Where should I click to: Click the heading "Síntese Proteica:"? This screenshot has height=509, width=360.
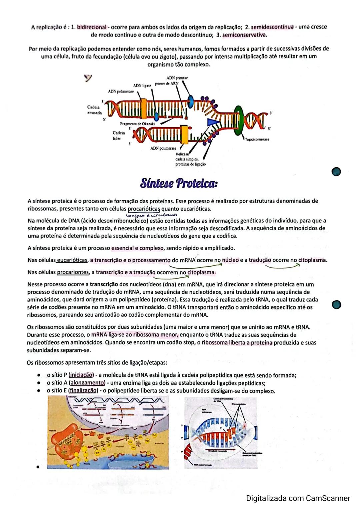179,183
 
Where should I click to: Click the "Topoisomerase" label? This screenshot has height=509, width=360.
257,139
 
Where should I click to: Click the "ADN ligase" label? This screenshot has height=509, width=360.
142,86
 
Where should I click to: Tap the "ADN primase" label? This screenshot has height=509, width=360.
177,78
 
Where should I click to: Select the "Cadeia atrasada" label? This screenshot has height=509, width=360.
94,110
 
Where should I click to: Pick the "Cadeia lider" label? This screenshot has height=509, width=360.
119,135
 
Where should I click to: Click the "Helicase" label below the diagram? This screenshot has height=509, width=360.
182,154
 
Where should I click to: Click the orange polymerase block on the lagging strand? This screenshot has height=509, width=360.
144,109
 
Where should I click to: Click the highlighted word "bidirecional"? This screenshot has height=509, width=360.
92,27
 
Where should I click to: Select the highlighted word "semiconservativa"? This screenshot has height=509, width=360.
244,35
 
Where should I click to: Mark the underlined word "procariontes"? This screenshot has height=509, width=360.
73,272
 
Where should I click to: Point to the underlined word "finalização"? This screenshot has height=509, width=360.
83,390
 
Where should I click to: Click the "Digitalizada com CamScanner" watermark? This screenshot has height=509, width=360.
298,498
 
